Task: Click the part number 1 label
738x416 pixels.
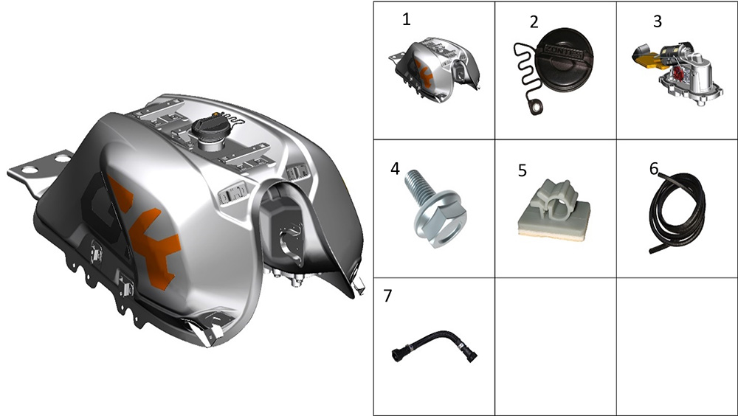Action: point(406,19)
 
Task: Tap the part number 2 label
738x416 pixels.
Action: point(534,22)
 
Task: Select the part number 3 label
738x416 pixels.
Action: point(658,21)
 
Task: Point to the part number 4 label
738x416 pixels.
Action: point(395,168)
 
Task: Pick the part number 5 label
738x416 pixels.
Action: point(522,170)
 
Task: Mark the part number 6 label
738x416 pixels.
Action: point(654,168)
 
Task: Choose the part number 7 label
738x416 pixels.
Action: point(387,296)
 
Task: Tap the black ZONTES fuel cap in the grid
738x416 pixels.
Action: point(563,61)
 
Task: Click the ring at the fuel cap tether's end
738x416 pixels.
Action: point(536,108)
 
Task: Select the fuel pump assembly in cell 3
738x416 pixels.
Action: point(674,74)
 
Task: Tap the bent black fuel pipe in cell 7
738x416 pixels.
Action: point(434,347)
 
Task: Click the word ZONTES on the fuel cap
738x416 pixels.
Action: point(563,51)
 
